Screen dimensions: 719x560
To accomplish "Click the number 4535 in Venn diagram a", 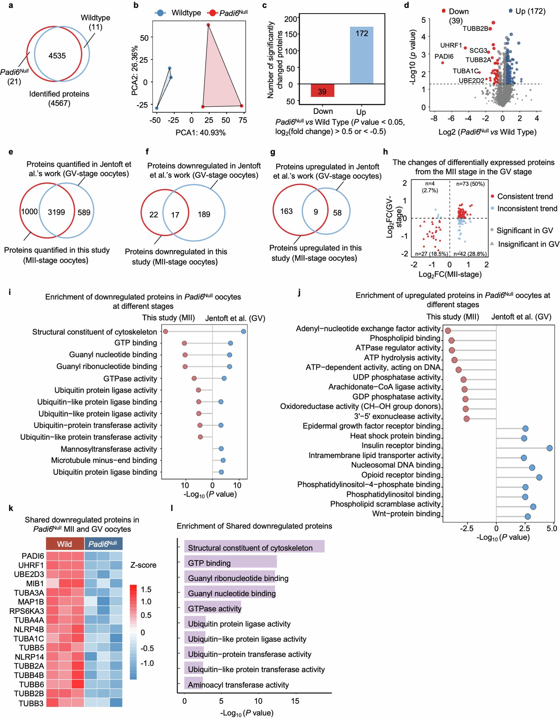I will click(x=57, y=56).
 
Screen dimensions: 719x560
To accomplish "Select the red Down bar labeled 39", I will click(x=322, y=91).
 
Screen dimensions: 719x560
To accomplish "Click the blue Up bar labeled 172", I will click(x=361, y=55).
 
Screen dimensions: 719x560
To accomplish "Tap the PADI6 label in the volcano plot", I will click(x=444, y=56).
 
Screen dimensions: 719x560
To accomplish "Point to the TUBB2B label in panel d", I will click(x=475, y=29).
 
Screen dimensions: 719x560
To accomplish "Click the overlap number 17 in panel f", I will click(x=175, y=215).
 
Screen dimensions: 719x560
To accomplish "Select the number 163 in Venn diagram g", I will click(x=287, y=211).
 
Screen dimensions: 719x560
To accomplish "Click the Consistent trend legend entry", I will click(x=525, y=197).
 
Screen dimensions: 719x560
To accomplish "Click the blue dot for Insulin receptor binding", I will click(x=550, y=448).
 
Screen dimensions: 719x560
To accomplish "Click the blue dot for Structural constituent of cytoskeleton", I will click(x=243, y=331).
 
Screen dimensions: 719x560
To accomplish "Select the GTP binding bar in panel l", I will click(x=230, y=563).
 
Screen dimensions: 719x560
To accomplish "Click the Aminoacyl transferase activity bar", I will click(x=194, y=685).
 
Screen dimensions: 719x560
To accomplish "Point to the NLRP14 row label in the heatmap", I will click(x=29, y=657).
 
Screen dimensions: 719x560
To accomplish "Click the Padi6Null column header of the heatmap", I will click(x=103, y=544).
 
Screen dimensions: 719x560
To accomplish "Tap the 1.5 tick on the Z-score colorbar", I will click(x=146, y=589).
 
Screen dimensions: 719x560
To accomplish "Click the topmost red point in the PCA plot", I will click(x=208, y=25).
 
